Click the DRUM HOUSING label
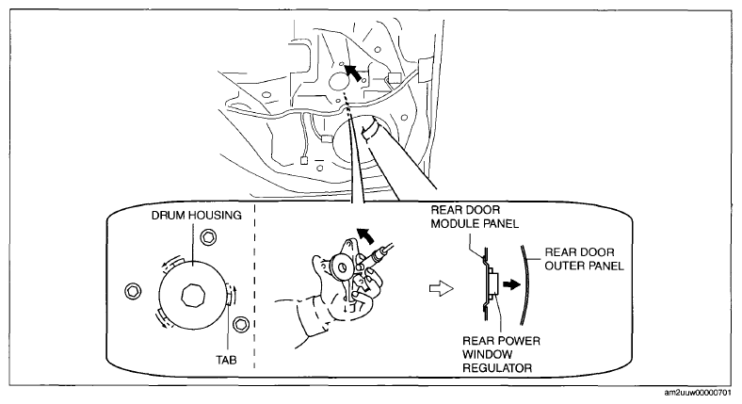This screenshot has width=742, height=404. pyautogui.click(x=197, y=216)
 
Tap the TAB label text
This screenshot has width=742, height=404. pyautogui.click(x=227, y=360)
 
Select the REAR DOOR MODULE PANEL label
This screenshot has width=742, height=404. pyautogui.click(x=475, y=217)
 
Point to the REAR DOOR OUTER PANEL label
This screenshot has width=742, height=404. pyautogui.click(x=584, y=259)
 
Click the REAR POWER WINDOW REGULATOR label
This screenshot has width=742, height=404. pyautogui.click(x=501, y=354)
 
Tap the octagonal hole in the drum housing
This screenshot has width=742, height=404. pyautogui.click(x=193, y=296)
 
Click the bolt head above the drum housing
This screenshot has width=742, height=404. pyautogui.click(x=208, y=237)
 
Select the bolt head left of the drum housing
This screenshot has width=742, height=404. pyautogui.click(x=133, y=290)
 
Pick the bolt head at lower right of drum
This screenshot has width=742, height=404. pyautogui.click(x=242, y=324)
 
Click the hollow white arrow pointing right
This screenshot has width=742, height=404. pyautogui.click(x=441, y=287)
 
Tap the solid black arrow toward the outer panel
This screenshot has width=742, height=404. pyautogui.click(x=511, y=284)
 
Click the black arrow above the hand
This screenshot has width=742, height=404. pyautogui.click(x=363, y=234)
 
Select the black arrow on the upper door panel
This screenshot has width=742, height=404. pyautogui.click(x=352, y=73)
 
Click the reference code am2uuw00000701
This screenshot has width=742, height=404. pyautogui.click(x=701, y=393)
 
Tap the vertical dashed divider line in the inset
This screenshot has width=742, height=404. pyautogui.click(x=254, y=285)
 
